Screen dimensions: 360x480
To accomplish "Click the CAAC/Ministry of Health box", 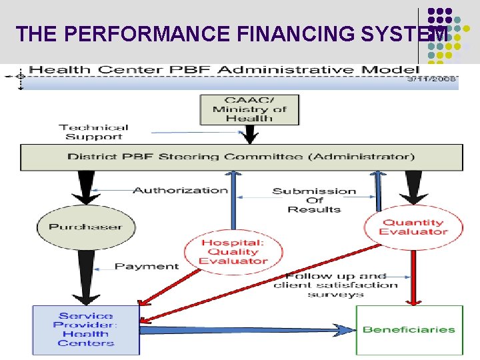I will [250, 109].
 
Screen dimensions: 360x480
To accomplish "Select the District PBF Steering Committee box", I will [241, 157].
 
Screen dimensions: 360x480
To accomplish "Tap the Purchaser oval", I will [85, 227].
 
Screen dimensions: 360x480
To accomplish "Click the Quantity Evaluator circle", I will [412, 227].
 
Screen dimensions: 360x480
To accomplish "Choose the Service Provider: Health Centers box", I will [86, 329].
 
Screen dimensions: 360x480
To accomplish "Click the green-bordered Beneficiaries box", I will [409, 329].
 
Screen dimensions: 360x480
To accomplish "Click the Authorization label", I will [180, 190].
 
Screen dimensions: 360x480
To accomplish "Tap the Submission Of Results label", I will [314, 200].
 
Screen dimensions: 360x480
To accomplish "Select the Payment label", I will [147, 267].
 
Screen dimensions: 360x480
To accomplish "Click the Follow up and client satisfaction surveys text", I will [335, 285].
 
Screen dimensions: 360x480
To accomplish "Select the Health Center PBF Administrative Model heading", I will [224, 69].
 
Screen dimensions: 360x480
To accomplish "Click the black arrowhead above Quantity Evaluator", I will [413, 195].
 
